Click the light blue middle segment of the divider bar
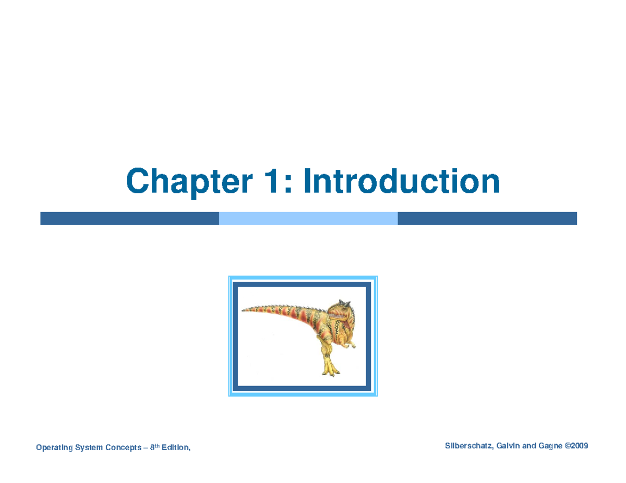click(308, 218)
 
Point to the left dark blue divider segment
click(129, 218)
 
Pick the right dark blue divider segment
click(487, 218)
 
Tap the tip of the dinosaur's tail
click(244, 308)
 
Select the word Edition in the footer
click(175, 447)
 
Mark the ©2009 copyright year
click(577, 446)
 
